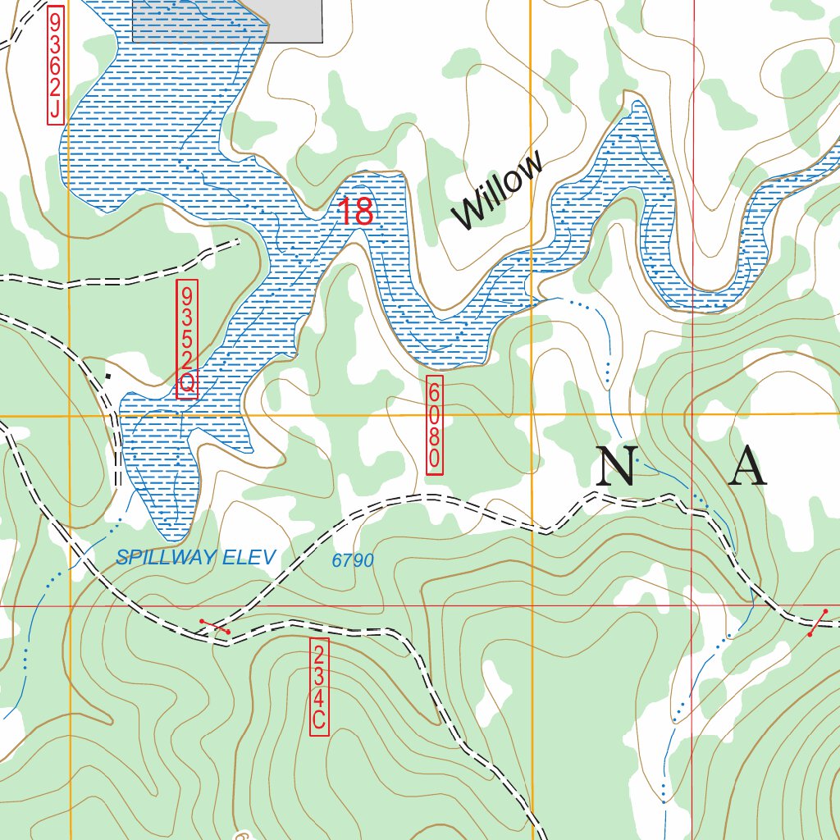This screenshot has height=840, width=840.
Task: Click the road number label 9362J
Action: coord(55,66)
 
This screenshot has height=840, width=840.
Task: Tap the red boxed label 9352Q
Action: coord(187,339)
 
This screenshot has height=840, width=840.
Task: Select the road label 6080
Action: coord(435,425)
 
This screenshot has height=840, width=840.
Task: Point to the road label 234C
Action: coord(319,687)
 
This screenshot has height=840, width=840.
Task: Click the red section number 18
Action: coord(356,212)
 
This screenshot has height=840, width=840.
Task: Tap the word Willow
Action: coord(498,190)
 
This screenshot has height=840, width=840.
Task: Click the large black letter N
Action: coord(616,467)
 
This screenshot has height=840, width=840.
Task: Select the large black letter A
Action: coord(747,468)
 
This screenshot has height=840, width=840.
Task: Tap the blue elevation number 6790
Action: coord(353,561)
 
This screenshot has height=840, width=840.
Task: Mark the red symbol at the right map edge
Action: coord(817,623)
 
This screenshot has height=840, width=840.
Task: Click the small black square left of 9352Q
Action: coord(107,377)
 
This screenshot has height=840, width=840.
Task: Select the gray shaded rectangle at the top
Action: coord(227,21)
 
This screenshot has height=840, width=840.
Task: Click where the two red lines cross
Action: coord(692,606)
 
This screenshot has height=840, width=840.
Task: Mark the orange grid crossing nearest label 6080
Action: coord(532,416)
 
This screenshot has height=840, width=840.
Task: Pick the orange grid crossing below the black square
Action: coord(70,416)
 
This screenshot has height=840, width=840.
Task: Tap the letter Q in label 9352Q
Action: coord(187,383)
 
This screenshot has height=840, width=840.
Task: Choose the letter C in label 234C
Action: coord(319,722)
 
